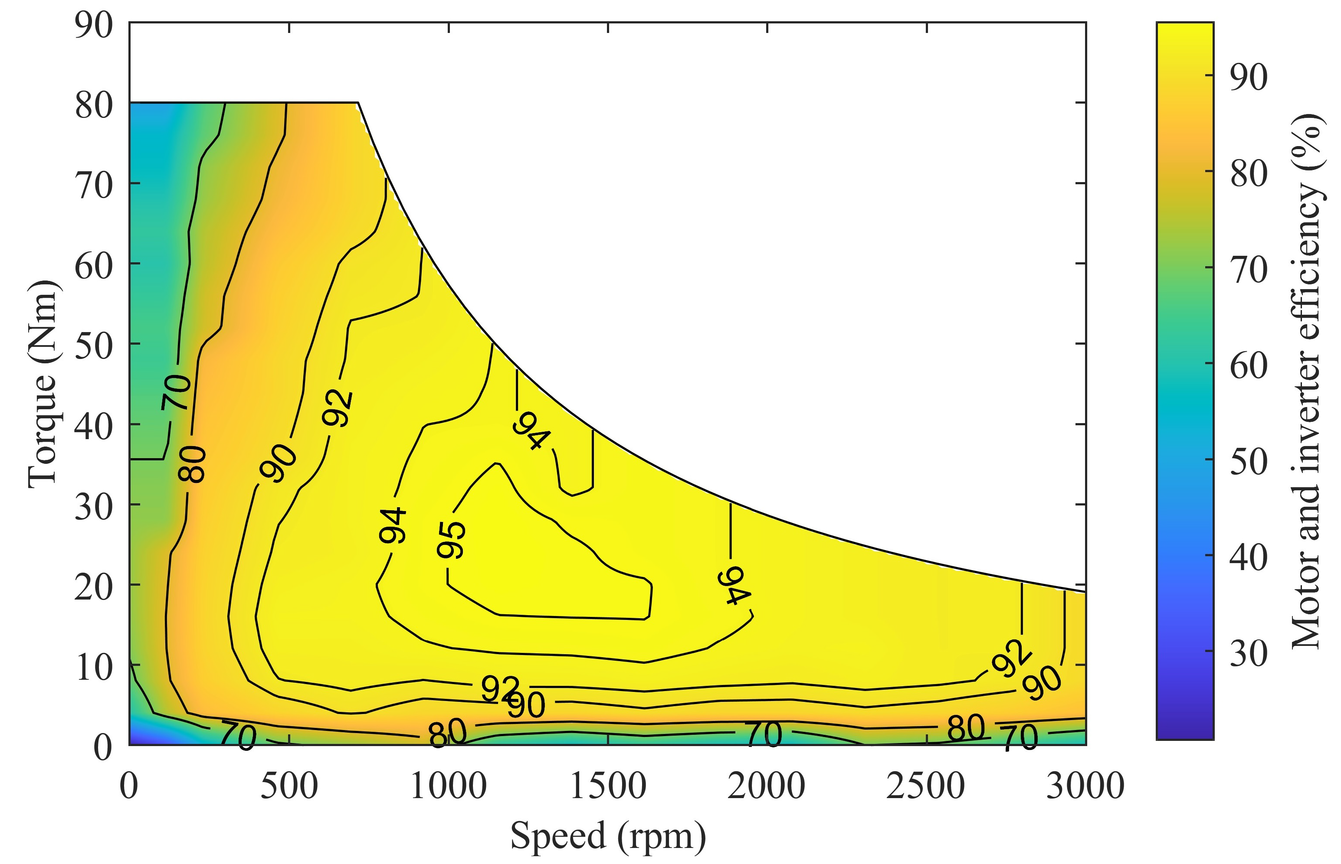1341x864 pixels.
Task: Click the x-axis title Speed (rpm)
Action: (x=607, y=836)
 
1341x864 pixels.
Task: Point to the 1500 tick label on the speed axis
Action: (x=607, y=786)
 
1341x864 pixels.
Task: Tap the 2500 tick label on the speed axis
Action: (x=926, y=786)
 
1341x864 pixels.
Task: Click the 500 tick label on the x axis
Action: (x=289, y=786)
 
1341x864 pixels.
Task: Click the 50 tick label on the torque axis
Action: (x=93, y=346)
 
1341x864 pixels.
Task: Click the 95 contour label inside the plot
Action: (x=451, y=540)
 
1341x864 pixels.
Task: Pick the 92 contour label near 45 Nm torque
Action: (x=338, y=408)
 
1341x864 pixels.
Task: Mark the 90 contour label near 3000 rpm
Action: (x=1041, y=682)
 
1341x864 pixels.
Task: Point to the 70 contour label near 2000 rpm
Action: (x=764, y=734)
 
